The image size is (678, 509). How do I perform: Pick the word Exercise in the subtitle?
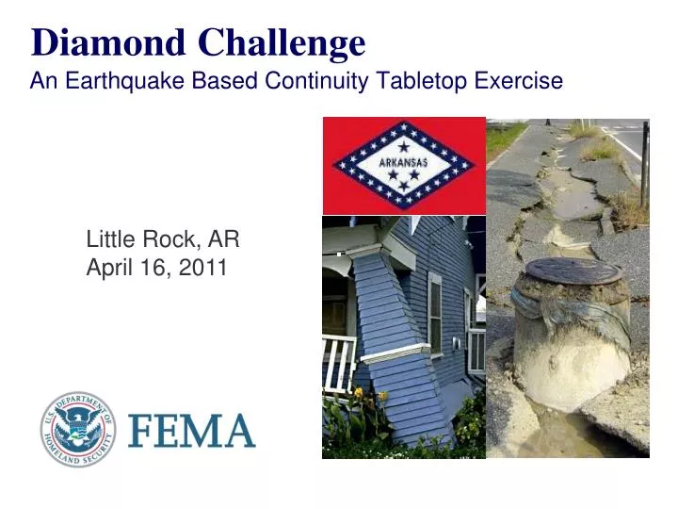click(516, 82)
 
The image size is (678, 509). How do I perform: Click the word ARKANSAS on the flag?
click(403, 162)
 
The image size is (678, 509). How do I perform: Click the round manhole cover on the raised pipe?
click(573, 271)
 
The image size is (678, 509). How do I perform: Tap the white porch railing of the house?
click(337, 363)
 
